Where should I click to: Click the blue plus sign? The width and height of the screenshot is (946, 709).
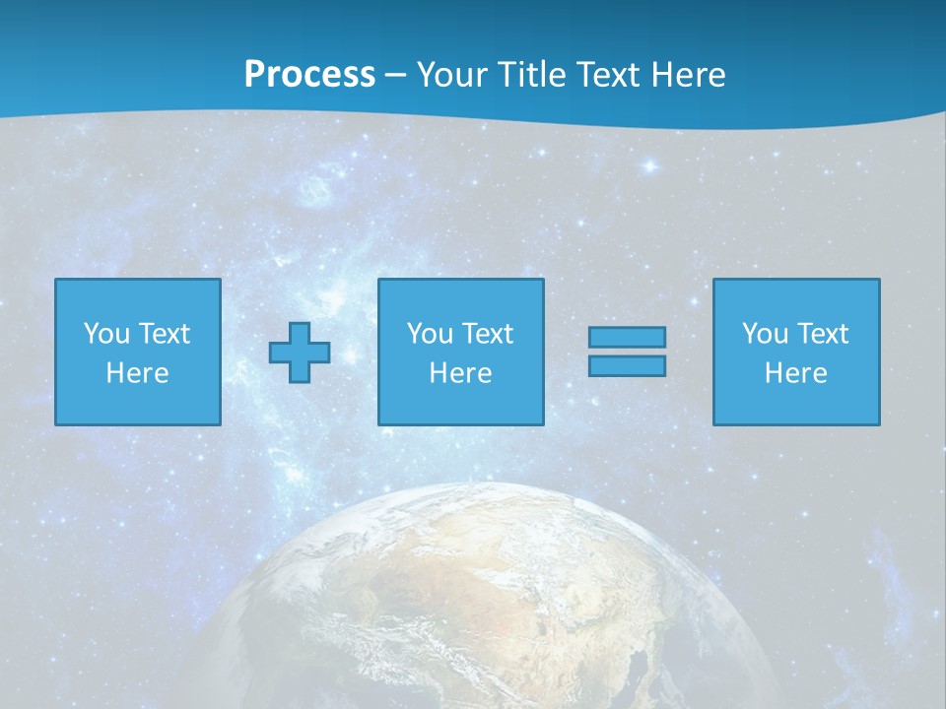coord(300,353)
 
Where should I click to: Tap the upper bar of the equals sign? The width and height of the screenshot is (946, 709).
coord(627,338)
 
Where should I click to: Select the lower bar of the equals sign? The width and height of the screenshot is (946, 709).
coord(627,366)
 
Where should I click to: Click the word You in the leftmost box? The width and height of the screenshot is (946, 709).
coord(106,334)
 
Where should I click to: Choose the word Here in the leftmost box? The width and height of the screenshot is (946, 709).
coord(137,373)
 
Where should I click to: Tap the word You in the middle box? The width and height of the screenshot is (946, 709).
coord(430,334)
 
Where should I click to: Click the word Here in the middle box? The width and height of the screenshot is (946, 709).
coord(460,373)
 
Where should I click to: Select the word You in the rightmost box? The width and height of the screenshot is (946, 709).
coord(765,334)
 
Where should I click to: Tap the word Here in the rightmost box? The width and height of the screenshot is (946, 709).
coord(795,373)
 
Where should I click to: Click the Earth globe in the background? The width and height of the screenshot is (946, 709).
coord(473,601)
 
